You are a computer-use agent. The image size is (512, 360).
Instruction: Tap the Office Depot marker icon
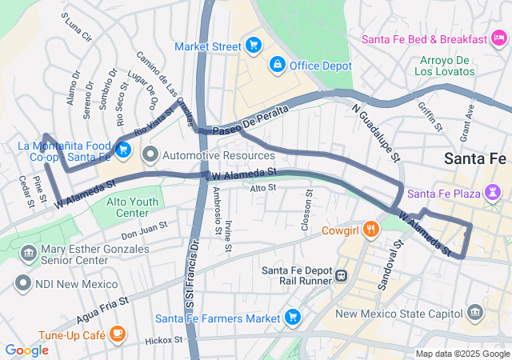tap(277, 63)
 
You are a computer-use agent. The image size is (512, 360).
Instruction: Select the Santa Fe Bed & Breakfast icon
tap(499, 38)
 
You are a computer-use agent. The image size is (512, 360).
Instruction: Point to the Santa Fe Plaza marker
tap(492, 194)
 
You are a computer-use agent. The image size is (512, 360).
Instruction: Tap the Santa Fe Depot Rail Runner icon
tap(341, 275)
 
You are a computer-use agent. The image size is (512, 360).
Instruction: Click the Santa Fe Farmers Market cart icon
tap(292, 317)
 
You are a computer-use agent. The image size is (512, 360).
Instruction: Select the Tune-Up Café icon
tap(118, 333)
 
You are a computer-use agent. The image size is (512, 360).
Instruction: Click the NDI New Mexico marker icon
tap(23, 283)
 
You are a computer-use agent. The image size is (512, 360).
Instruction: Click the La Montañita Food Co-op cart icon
tap(122, 149)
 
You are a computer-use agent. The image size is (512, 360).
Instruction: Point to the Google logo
tap(26, 350)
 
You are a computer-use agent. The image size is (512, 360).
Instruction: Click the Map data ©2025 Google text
tap(462, 354)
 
